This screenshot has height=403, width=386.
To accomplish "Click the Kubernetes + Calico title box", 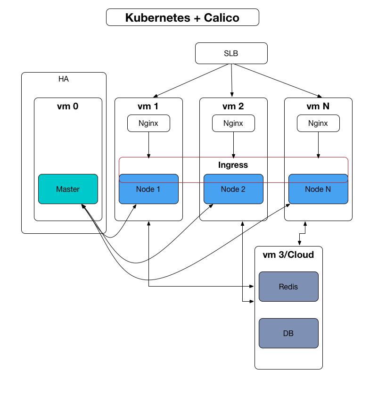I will click(x=182, y=18).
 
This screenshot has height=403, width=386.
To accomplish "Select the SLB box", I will click(x=231, y=53).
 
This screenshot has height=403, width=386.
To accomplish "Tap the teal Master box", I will click(x=68, y=189).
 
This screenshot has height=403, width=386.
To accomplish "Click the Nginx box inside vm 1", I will click(x=148, y=123).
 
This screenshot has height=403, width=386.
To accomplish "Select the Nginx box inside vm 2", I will click(x=233, y=123).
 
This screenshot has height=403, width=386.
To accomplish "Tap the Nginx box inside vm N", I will click(x=318, y=123).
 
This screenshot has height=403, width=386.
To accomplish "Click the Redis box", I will click(x=288, y=287).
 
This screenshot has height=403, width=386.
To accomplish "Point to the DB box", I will click(x=288, y=333).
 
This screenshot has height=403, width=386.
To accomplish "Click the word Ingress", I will click(x=233, y=165).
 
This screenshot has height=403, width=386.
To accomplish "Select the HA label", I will click(x=64, y=79).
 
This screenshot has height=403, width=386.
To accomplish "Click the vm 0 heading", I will click(x=68, y=107).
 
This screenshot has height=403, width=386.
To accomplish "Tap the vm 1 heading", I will click(x=148, y=107).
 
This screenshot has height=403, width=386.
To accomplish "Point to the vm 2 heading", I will click(x=233, y=107).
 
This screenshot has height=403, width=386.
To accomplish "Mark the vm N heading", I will click(x=318, y=107).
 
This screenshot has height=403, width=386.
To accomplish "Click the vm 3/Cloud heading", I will click(x=288, y=255).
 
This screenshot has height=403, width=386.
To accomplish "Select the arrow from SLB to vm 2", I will click(x=231, y=80).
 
